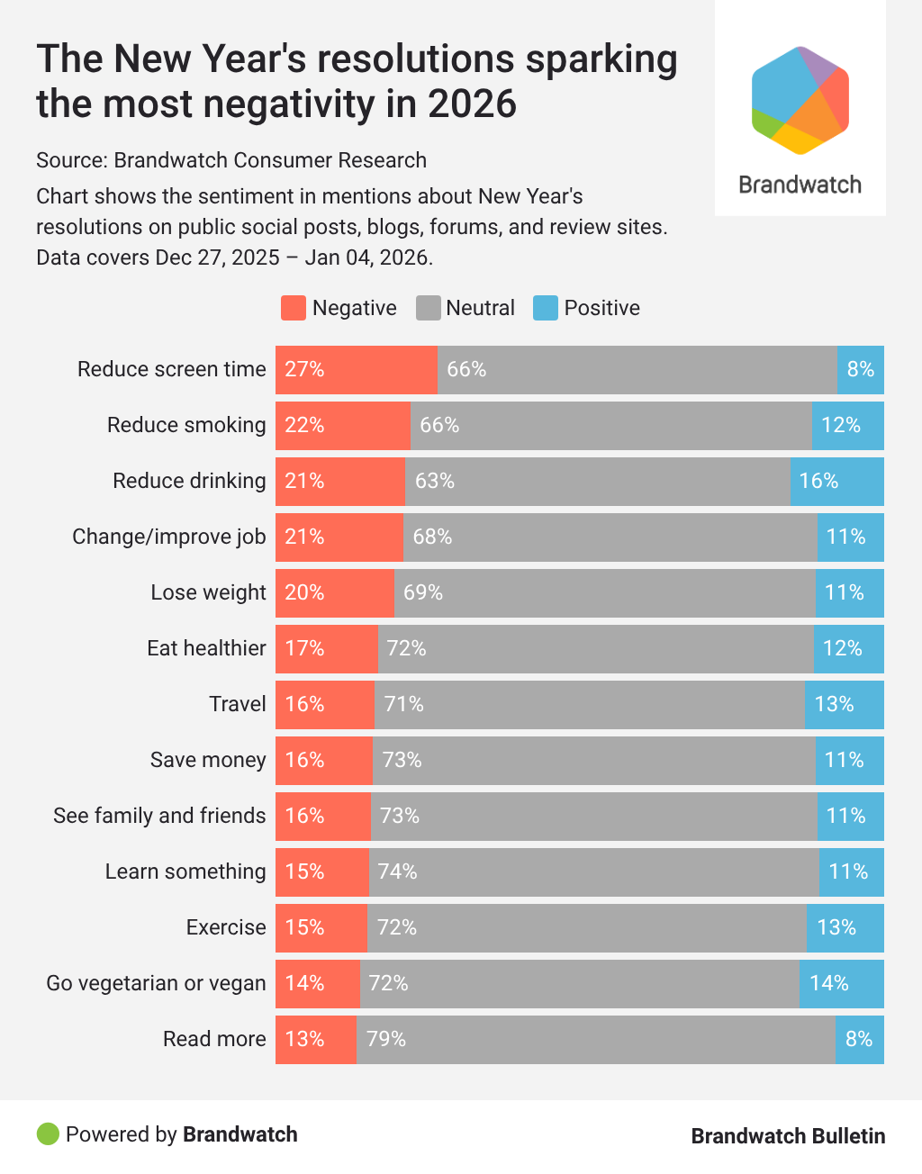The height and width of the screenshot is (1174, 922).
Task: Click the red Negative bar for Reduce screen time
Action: click(357, 370)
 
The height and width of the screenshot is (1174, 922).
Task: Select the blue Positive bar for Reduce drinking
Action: click(837, 482)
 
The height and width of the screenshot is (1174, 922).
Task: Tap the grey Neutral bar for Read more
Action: click(596, 1040)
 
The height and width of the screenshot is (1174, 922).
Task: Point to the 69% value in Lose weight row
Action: click(423, 592)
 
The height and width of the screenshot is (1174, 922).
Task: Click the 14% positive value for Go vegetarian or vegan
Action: click(829, 983)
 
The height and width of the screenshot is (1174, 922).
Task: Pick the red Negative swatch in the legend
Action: click(294, 308)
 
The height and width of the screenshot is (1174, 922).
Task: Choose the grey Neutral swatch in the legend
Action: click(428, 308)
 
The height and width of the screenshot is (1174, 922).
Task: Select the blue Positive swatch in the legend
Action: click(546, 308)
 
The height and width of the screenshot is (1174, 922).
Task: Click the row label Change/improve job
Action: click(169, 537)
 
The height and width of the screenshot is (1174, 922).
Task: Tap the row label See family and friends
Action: click(159, 817)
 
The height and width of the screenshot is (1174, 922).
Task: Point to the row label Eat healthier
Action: click(206, 649)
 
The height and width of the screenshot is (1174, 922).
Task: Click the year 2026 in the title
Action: click(472, 104)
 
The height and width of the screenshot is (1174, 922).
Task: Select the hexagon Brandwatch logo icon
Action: click(800, 100)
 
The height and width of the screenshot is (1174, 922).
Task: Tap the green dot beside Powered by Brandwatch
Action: click(48, 1134)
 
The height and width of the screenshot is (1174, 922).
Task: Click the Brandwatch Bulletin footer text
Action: click(788, 1136)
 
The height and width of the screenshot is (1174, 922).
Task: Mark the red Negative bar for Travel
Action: click(325, 705)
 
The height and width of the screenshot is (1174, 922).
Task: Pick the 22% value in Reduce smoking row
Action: click(304, 425)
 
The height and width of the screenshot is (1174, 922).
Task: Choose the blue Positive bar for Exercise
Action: click(845, 928)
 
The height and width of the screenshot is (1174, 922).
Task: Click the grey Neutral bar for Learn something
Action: click(594, 872)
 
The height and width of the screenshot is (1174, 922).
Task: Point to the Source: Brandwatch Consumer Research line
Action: click(231, 160)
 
